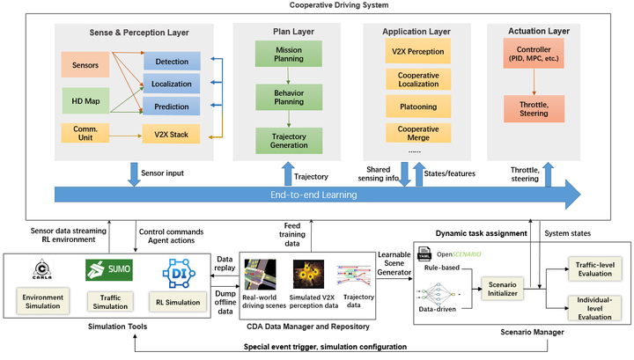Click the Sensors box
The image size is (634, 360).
[85, 64]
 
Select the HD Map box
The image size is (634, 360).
[85, 99]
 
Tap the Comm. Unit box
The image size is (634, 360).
[85, 134]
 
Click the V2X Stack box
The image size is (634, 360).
[172, 134]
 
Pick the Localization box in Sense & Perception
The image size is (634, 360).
[172, 84]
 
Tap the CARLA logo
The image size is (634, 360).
[38, 268]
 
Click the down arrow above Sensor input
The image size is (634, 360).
[133, 173]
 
